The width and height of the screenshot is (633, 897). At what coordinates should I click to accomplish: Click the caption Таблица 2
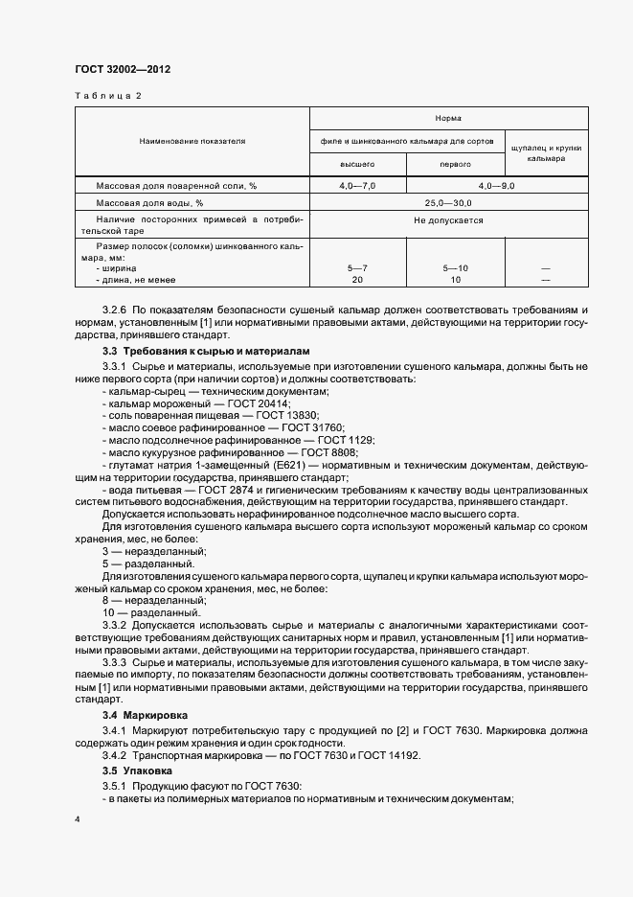(x=107, y=96)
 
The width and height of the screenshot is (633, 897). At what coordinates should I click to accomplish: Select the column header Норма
(x=448, y=118)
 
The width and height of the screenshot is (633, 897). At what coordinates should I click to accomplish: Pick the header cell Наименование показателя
(x=192, y=141)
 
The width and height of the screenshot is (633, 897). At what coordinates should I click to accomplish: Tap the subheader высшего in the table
(x=357, y=165)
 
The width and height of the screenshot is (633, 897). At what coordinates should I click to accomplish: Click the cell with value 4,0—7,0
(x=357, y=185)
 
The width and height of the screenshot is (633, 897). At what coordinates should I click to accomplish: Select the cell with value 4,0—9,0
(x=496, y=185)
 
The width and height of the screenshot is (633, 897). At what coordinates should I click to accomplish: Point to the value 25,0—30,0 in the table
(x=448, y=203)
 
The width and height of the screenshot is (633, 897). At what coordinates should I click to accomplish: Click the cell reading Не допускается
(x=448, y=220)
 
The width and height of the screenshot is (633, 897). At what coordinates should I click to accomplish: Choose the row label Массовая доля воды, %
(x=150, y=203)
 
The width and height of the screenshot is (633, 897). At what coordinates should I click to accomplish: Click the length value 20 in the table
(x=357, y=279)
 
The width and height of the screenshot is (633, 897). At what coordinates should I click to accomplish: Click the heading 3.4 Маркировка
(x=145, y=715)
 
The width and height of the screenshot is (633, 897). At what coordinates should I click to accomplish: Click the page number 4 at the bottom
(x=77, y=819)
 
